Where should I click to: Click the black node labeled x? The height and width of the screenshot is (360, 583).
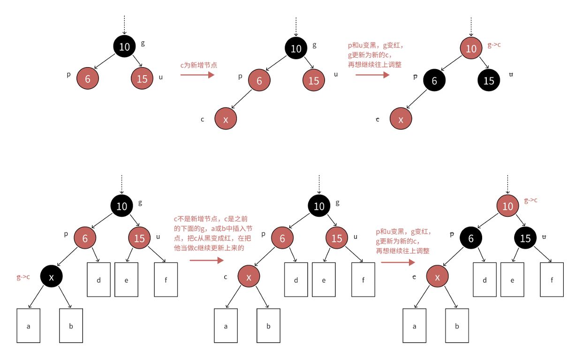click(52, 277)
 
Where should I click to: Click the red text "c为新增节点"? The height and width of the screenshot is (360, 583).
click(199, 65)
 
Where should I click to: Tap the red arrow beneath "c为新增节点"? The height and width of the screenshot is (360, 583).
click(197, 74)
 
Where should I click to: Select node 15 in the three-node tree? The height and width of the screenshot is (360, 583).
click(142, 78)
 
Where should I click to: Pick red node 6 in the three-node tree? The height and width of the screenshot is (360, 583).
click(88, 78)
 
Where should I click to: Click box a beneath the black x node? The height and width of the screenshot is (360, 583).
click(29, 326)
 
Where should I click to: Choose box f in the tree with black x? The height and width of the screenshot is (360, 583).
click(166, 280)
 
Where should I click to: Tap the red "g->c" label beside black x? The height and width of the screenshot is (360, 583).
click(23, 277)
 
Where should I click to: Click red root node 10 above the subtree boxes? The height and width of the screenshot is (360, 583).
click(508, 206)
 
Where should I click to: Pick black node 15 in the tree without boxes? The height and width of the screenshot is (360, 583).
click(489, 80)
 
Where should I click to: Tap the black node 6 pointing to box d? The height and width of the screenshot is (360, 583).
click(471, 238)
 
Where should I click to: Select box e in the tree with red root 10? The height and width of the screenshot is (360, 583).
click(512, 280)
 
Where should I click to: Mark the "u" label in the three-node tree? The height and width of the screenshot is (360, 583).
click(161, 77)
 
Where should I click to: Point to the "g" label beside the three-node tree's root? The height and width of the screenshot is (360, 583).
click(143, 43)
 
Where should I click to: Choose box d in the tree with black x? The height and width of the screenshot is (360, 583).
click(99, 280)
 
